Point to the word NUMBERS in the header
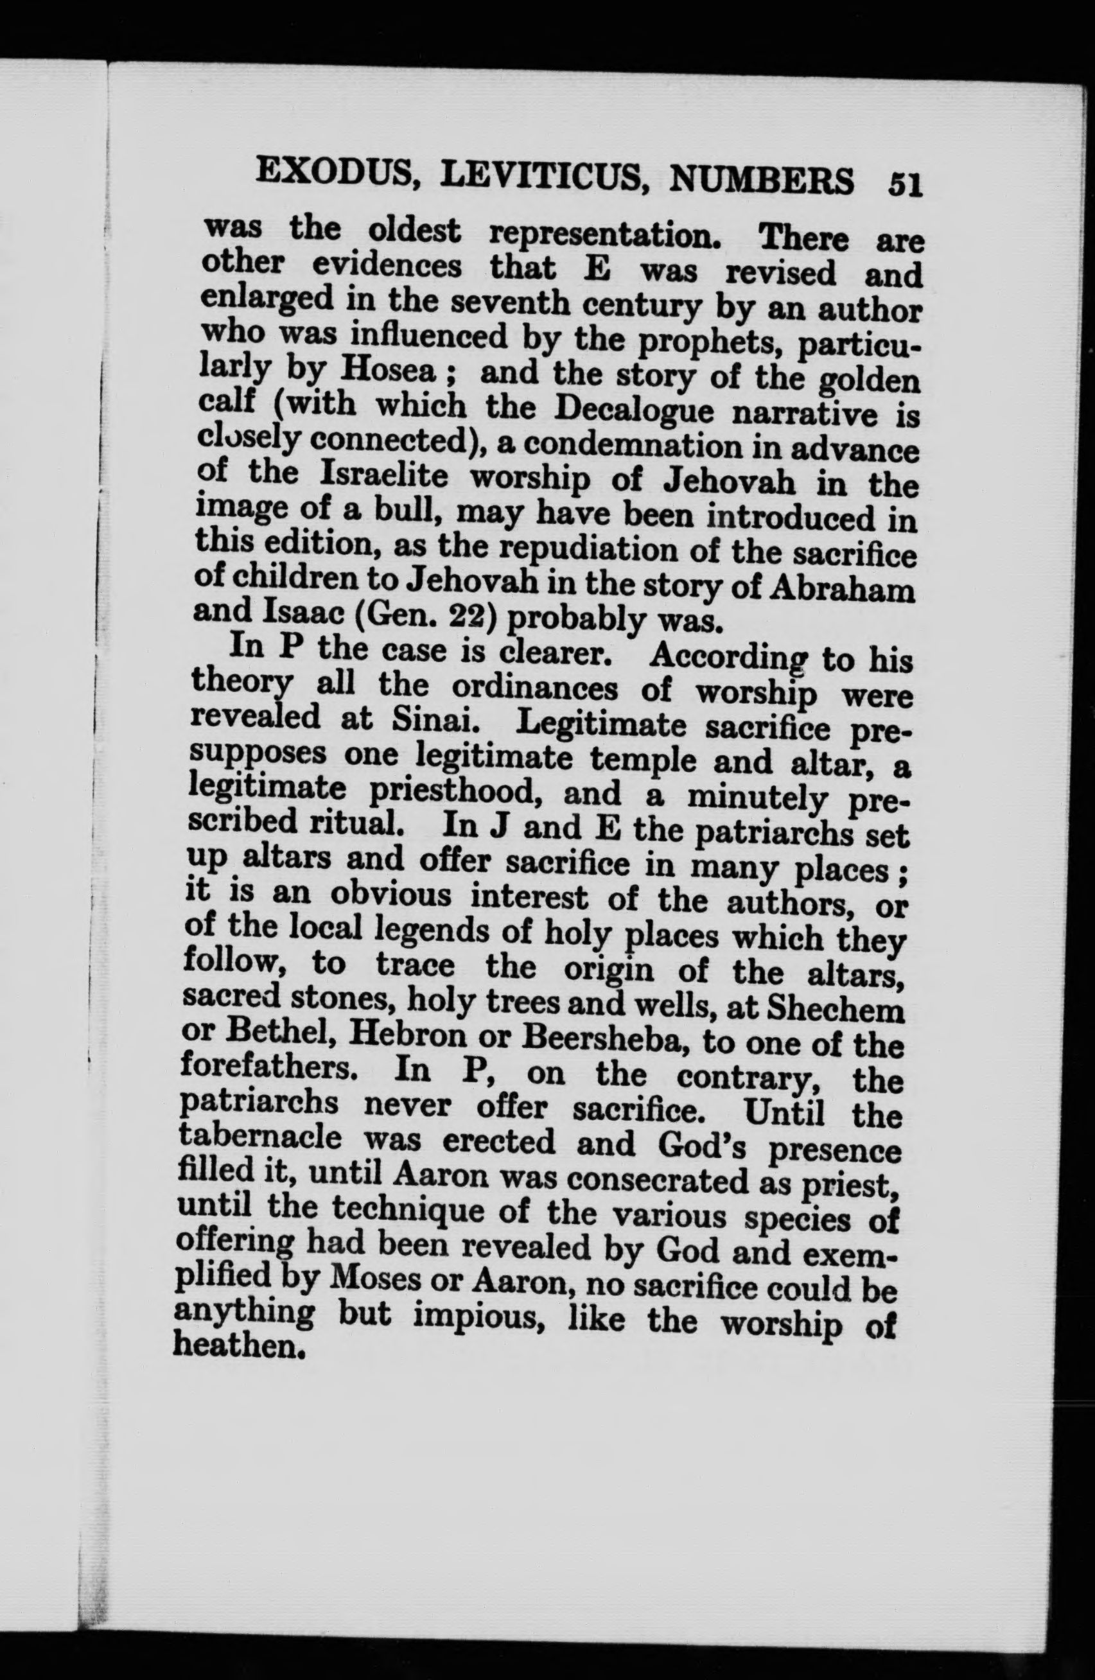click(x=761, y=180)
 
